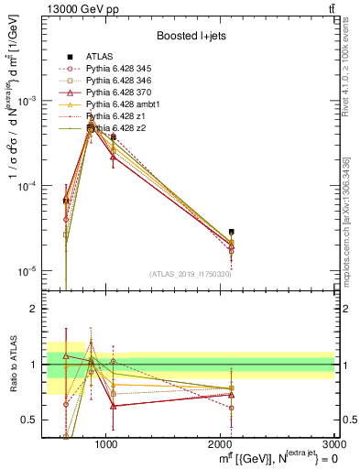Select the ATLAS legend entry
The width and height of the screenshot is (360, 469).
pyautogui.click(x=102, y=57)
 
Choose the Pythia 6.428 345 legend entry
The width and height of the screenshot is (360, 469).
pyautogui.click(x=122, y=69)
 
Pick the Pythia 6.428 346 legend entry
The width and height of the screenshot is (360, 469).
pyautogui.click(x=122, y=81)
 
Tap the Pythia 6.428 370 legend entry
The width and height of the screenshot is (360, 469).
pyautogui.click(x=122, y=93)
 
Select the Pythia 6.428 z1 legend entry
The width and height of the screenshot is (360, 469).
pyautogui.click(x=118, y=116)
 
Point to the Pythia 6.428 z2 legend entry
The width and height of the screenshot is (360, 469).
pyautogui.click(x=118, y=128)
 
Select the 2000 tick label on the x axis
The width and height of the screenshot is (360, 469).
pyautogui.click(x=220, y=443)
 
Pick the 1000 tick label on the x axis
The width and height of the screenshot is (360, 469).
pyautogui.click(x=106, y=443)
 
